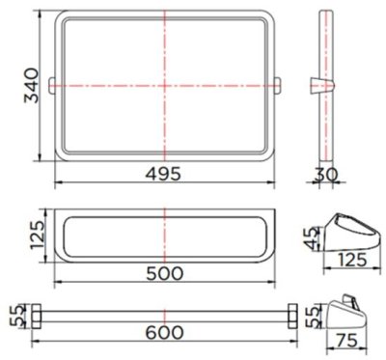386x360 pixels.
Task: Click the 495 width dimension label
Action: click(165, 173)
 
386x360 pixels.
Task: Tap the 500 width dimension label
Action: click(165, 272)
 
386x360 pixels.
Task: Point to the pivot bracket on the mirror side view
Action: click(325, 85)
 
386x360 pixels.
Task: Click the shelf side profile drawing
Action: click(349, 230)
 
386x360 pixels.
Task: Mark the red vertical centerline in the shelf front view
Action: click(165, 232)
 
